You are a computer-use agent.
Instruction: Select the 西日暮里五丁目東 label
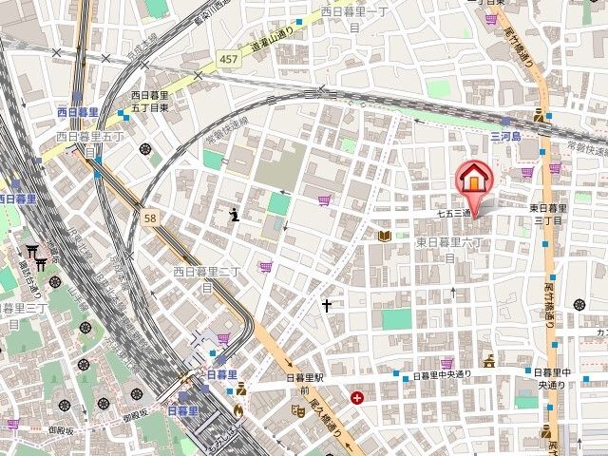[150, 101]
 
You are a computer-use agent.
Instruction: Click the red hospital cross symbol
[356, 398]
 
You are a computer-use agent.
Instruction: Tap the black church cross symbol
[328, 306]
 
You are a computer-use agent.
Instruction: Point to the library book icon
[385, 236]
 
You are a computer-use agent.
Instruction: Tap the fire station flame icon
[237, 411]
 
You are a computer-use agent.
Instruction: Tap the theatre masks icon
[296, 410]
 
